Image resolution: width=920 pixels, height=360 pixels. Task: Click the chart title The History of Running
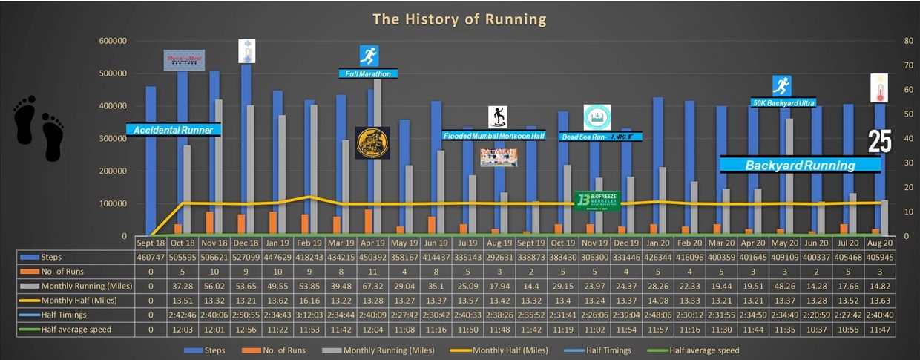(x=459, y=19)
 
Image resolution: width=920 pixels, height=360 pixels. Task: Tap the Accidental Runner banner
(x=174, y=130)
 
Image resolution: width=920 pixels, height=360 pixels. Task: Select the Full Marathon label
(x=368, y=73)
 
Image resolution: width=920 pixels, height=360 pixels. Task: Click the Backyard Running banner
(x=800, y=165)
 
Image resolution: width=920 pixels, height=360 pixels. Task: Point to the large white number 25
(x=879, y=141)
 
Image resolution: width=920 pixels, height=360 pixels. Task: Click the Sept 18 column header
(x=151, y=243)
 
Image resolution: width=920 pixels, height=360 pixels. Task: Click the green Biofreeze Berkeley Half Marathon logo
(x=598, y=201)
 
